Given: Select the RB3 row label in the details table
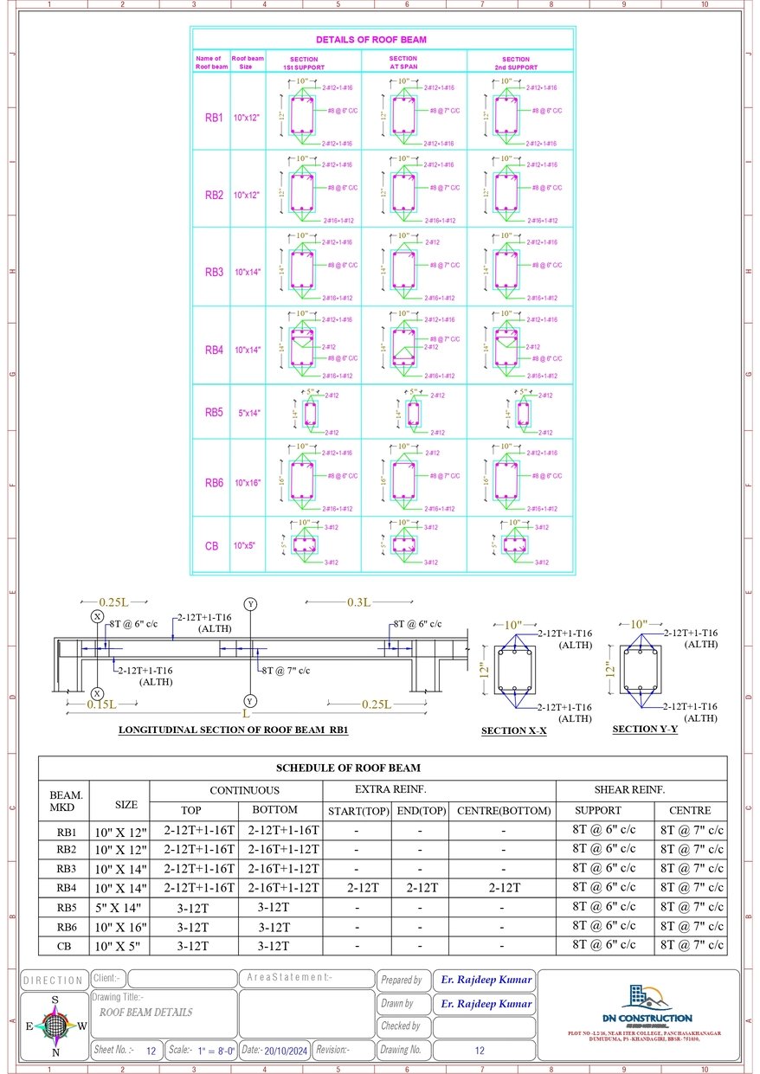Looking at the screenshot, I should (x=214, y=272).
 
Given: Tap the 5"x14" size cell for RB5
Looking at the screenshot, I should (x=248, y=413).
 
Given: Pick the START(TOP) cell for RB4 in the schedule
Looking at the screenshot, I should (x=357, y=888).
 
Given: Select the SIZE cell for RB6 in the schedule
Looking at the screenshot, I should (x=119, y=927).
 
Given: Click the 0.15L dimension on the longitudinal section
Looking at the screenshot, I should (x=101, y=704).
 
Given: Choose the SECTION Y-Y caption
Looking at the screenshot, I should (x=645, y=729).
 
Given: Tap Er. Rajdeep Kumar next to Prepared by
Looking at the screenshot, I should (x=484, y=980).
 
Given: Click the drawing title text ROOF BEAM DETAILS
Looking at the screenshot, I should (x=145, y=1012).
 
